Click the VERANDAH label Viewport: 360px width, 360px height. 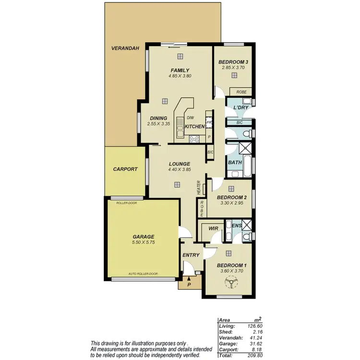pyautogui.click(x=125, y=48)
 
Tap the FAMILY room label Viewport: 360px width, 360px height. pyautogui.click(x=180, y=70)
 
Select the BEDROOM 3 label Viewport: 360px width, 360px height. pyautogui.click(x=233, y=62)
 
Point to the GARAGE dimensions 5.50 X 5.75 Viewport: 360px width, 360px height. pyautogui.click(x=144, y=243)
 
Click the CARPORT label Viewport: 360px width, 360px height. pyautogui.click(x=125, y=169)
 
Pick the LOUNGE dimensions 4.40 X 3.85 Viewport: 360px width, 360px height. pyautogui.click(x=180, y=169)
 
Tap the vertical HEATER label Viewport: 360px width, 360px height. pyautogui.click(x=198, y=188)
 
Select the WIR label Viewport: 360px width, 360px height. pyautogui.click(x=214, y=229)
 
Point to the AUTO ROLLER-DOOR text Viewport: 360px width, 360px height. pyautogui.click(x=143, y=274)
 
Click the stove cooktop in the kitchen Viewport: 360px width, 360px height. pyautogui.click(x=194, y=139)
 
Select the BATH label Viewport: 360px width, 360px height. pyautogui.click(x=235, y=163)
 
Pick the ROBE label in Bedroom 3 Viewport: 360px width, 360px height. pyautogui.click(x=241, y=91)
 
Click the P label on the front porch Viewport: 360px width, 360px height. pyautogui.click(x=189, y=284)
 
